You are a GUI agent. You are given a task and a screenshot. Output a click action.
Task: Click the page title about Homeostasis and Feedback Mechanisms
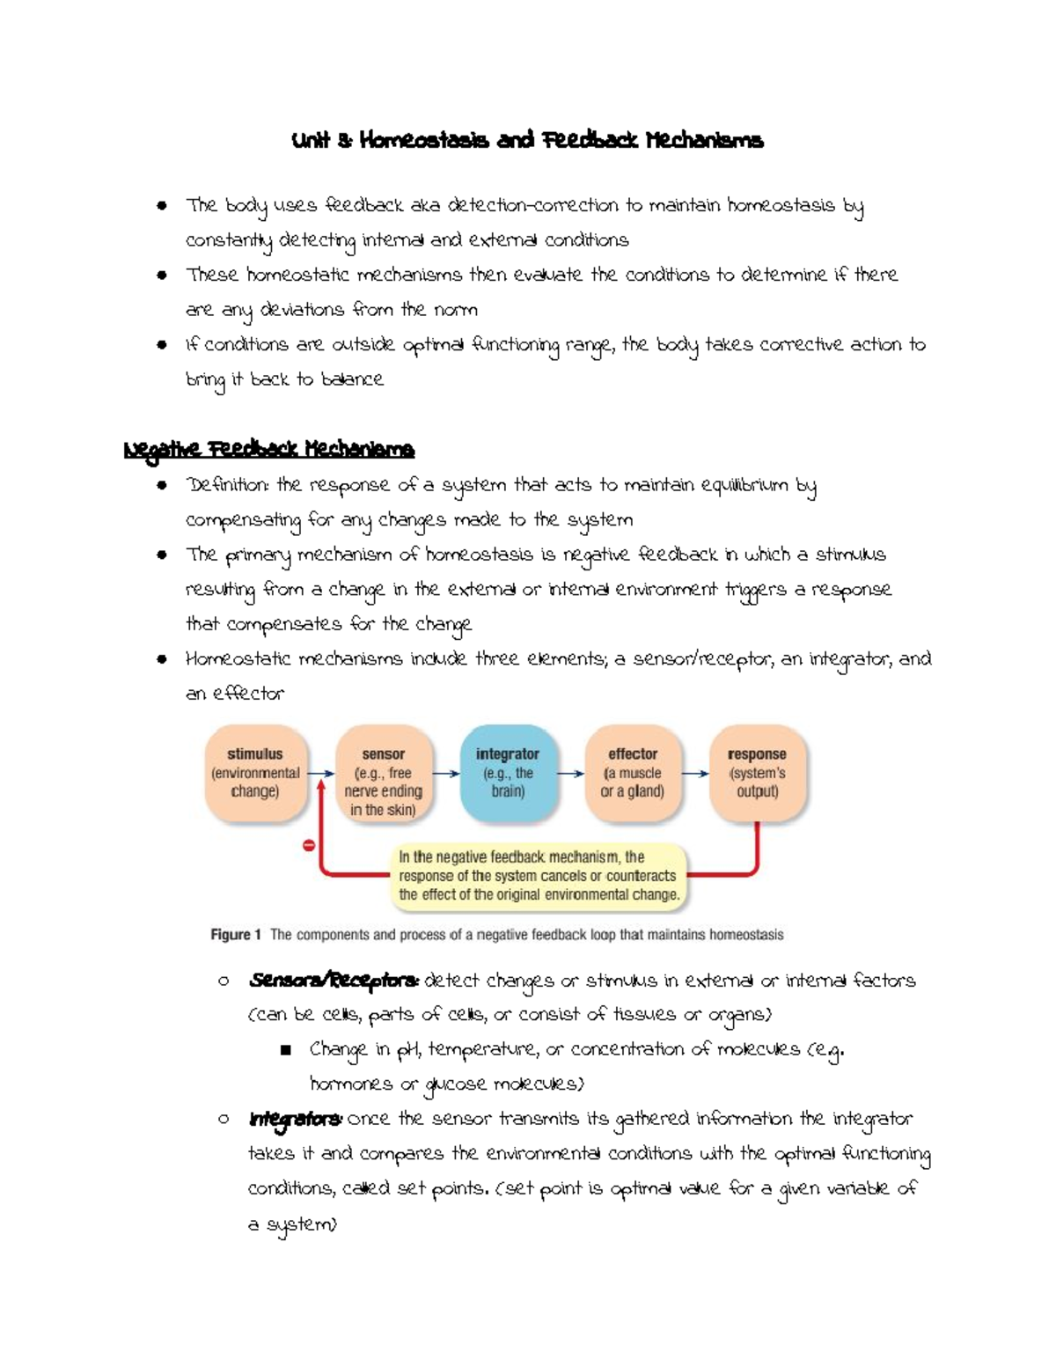pyautogui.click(x=527, y=141)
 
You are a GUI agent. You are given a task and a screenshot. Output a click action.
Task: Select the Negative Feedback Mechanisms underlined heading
pyautogui.click(x=268, y=450)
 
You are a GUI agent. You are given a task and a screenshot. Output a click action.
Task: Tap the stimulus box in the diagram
pyautogui.click(x=255, y=773)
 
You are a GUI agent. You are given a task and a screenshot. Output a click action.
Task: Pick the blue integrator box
pyautogui.click(x=508, y=772)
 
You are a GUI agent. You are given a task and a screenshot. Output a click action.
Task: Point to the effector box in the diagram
pyautogui.click(x=633, y=772)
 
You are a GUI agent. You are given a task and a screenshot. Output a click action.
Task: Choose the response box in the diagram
pyautogui.click(x=757, y=772)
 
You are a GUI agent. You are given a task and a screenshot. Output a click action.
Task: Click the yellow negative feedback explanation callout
pyautogui.click(x=539, y=876)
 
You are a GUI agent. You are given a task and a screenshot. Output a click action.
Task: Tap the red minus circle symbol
pyautogui.click(x=309, y=845)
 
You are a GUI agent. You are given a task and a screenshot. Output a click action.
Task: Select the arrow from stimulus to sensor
pyautogui.click(x=320, y=774)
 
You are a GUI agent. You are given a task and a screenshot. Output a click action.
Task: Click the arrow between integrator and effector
pyautogui.click(x=570, y=774)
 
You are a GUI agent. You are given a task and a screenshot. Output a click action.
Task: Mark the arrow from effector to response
pyautogui.click(x=695, y=774)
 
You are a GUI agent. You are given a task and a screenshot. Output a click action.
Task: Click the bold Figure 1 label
pyautogui.click(x=235, y=935)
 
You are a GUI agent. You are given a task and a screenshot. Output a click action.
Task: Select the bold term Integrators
pyautogui.click(x=296, y=1120)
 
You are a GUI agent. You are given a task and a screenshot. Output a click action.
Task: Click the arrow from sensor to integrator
pyautogui.click(x=446, y=774)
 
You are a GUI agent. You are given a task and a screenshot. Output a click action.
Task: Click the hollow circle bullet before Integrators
pyautogui.click(x=224, y=1120)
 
